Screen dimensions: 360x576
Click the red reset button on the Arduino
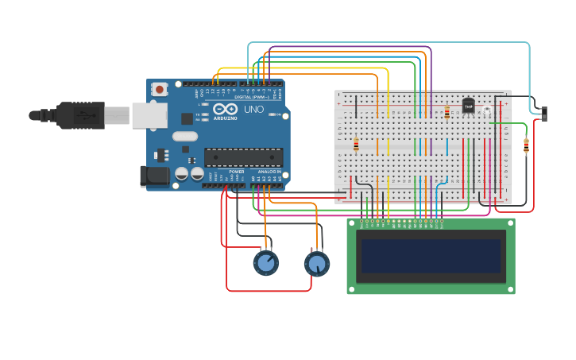click(160, 90)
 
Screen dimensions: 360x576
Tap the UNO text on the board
click(253, 110)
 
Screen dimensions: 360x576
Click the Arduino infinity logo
click(225, 109)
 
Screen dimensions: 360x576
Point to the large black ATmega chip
click(243, 157)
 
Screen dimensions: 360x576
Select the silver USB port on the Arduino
click(149, 115)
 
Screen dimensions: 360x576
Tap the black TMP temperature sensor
click(468, 106)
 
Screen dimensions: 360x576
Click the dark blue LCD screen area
click(431, 256)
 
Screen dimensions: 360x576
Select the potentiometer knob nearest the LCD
click(316, 263)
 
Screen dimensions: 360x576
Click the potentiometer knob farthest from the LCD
click(266, 262)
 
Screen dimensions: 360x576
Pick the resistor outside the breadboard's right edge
click(526, 145)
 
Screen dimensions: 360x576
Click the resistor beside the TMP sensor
click(446, 112)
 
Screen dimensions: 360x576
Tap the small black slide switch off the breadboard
click(544, 113)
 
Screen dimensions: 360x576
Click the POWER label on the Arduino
click(237, 172)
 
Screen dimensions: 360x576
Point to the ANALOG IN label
click(269, 172)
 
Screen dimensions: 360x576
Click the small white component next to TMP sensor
click(486, 110)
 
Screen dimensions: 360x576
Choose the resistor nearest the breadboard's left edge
click(356, 145)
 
